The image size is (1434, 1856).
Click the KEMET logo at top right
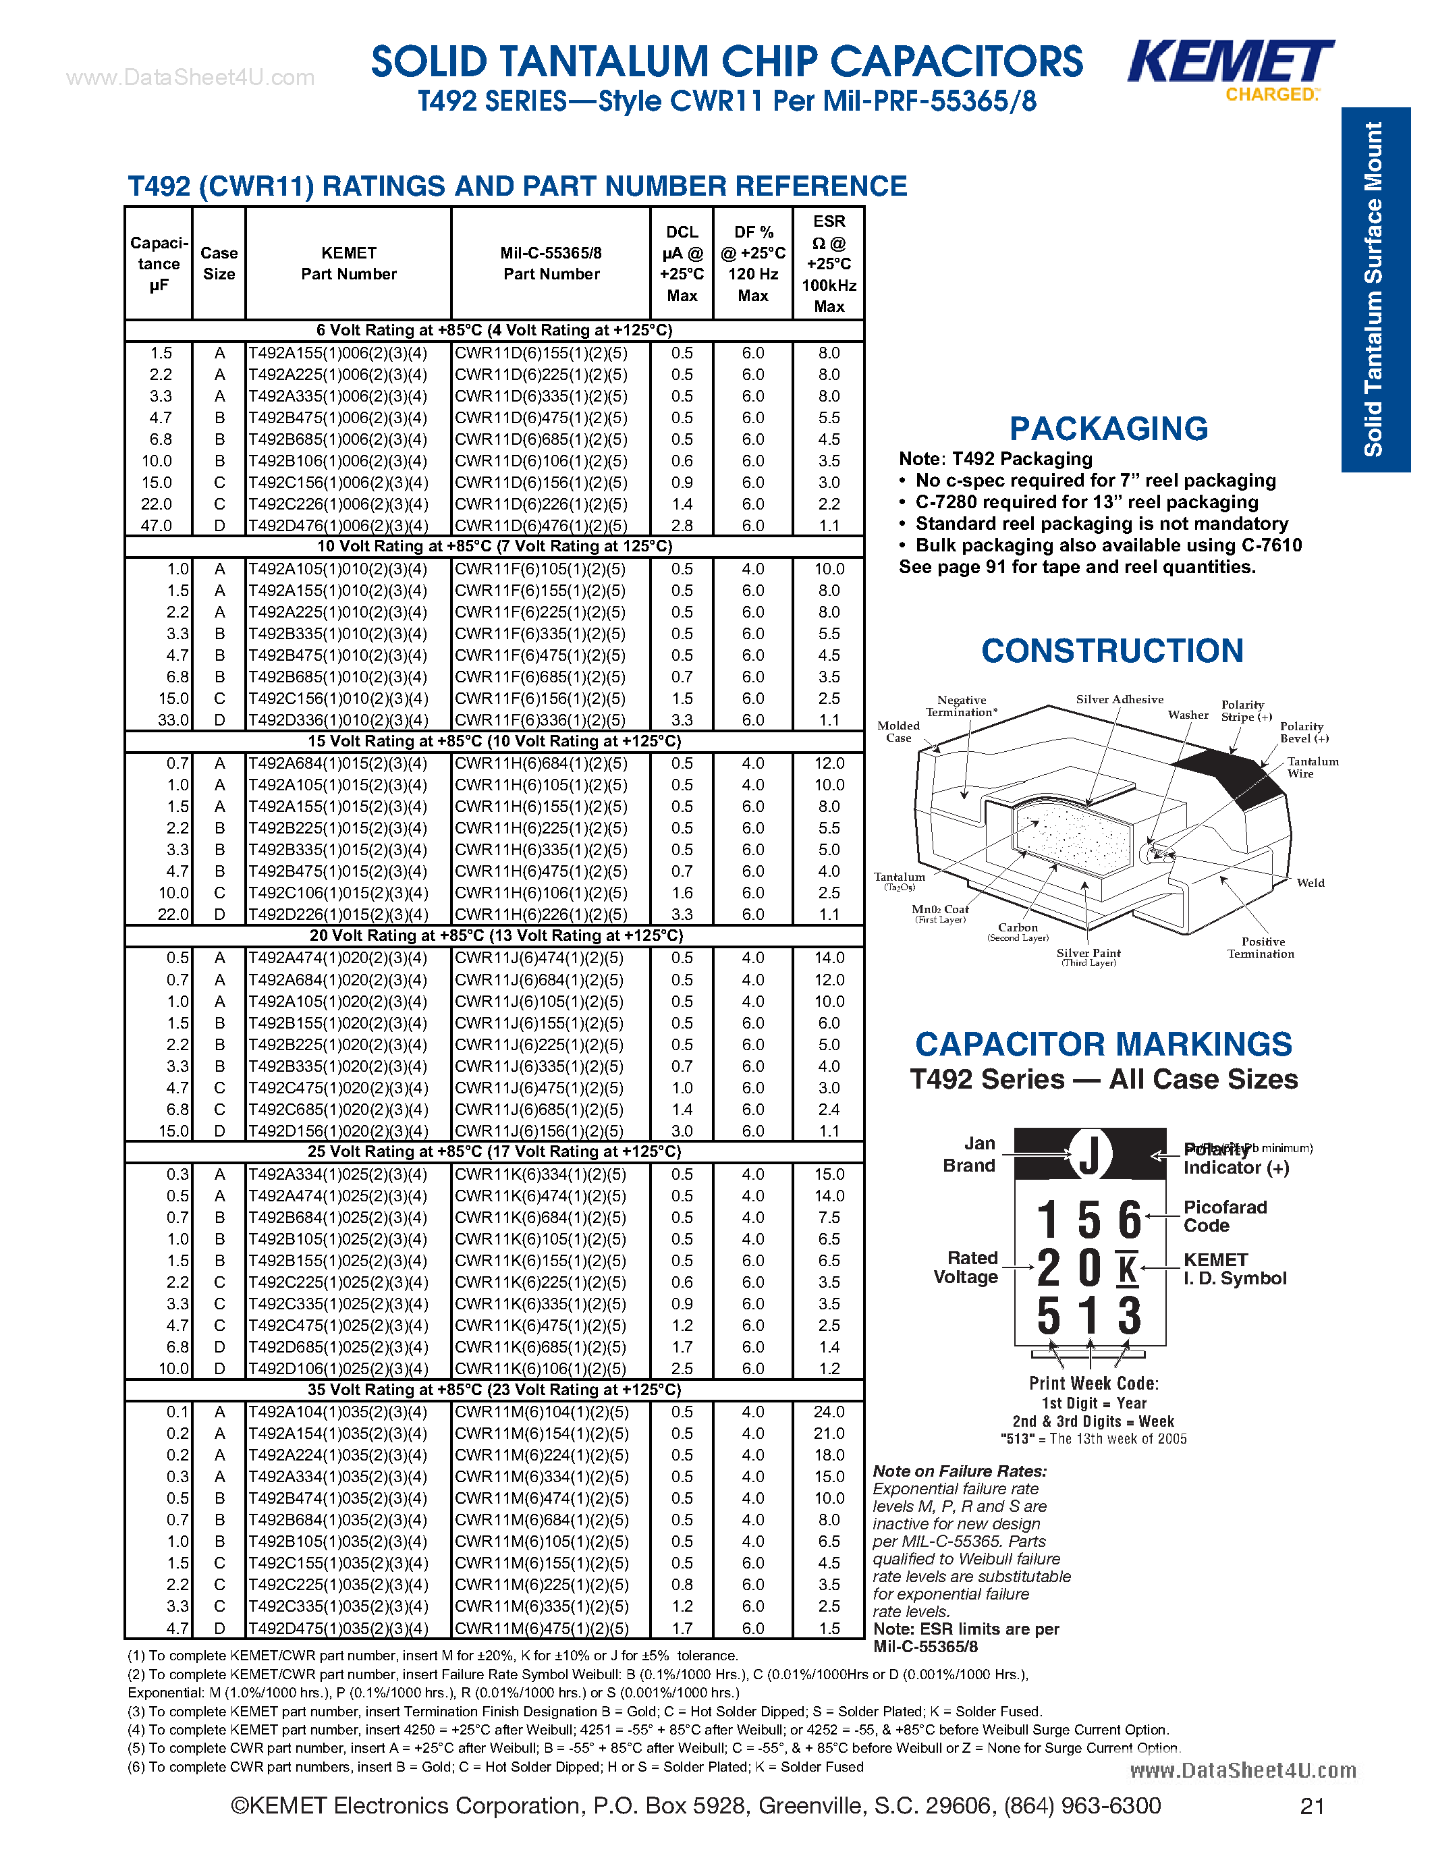pyautogui.click(x=1230, y=63)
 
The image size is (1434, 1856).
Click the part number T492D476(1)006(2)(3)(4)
pyautogui.click(x=338, y=525)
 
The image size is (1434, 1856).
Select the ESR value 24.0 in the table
pyautogui.click(x=828, y=1411)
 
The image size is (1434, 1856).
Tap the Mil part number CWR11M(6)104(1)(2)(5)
pyautogui.click(x=541, y=1411)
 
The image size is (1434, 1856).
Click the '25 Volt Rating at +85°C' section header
pyautogui.click(x=495, y=1151)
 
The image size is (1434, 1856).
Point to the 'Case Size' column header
pyautogui.click(x=219, y=263)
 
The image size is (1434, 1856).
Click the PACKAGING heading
pyautogui.click(x=1108, y=429)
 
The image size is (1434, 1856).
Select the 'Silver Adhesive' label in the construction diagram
pyautogui.click(x=1119, y=699)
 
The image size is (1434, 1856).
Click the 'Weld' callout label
pyautogui.click(x=1310, y=883)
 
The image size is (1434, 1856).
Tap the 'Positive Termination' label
pyautogui.click(x=1261, y=948)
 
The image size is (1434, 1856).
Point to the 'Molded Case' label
pyautogui.click(x=898, y=731)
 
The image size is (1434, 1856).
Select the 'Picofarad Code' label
pyautogui.click(x=1224, y=1216)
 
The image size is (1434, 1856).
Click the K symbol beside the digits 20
pyautogui.click(x=1128, y=1269)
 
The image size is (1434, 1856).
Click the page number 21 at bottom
pyautogui.click(x=1312, y=1806)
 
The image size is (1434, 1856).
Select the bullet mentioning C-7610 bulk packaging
pyautogui.click(x=1108, y=545)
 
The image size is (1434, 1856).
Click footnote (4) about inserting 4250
pyautogui.click(x=647, y=1729)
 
